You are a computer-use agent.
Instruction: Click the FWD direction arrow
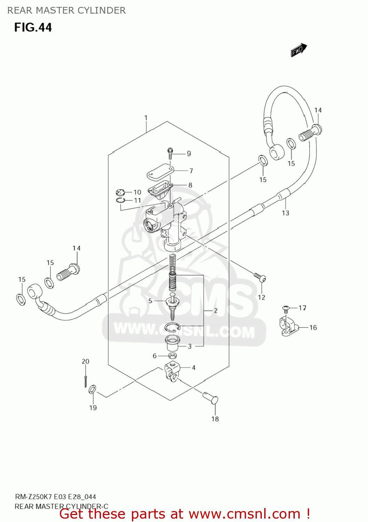point(298,50)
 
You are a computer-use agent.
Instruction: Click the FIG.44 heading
point(33,27)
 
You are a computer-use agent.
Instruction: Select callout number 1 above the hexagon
point(146,118)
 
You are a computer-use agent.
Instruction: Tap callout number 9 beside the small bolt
point(189,153)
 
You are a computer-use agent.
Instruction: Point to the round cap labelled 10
point(120,192)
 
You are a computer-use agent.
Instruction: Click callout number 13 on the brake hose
point(285,213)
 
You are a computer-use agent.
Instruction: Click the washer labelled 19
point(93,389)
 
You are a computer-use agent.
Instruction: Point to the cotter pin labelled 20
point(85,381)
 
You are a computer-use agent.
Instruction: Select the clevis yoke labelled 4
point(171,371)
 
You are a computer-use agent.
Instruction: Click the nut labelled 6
point(172,356)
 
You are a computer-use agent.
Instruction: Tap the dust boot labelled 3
point(172,343)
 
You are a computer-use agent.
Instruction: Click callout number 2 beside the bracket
point(216,310)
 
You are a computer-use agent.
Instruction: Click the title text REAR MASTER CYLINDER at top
point(66,10)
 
